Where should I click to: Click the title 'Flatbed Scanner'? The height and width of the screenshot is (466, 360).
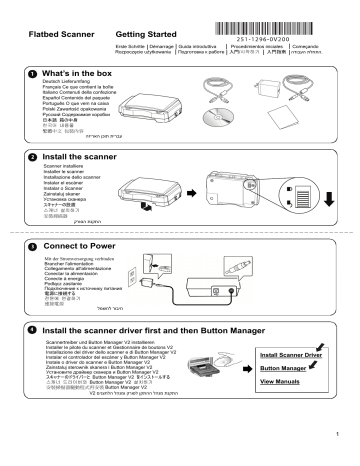pos(61,35)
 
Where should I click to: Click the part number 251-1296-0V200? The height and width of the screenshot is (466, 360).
pos(291,33)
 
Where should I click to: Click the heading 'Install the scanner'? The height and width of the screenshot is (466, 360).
pos(91,158)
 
